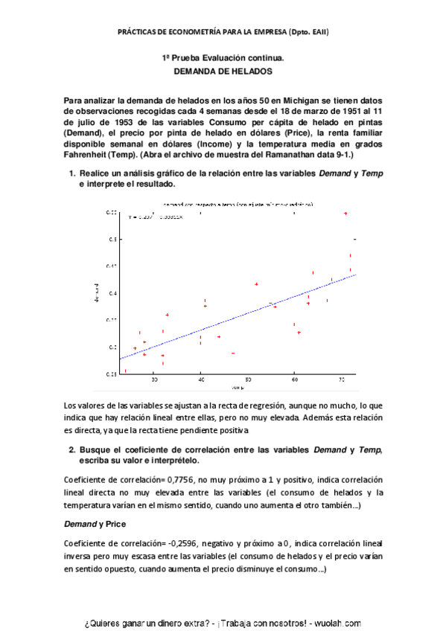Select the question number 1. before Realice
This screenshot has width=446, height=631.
(x=72, y=173)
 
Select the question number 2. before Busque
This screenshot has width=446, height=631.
(x=72, y=450)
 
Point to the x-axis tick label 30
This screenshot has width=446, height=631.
(x=154, y=380)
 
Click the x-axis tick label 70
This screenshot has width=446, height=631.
(x=341, y=380)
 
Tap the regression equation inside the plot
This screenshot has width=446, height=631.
(x=156, y=217)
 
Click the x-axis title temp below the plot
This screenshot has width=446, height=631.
(x=238, y=388)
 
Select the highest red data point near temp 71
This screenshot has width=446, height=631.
(x=345, y=214)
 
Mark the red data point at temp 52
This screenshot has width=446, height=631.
(x=256, y=284)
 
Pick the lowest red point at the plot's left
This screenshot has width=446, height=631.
(x=125, y=370)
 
